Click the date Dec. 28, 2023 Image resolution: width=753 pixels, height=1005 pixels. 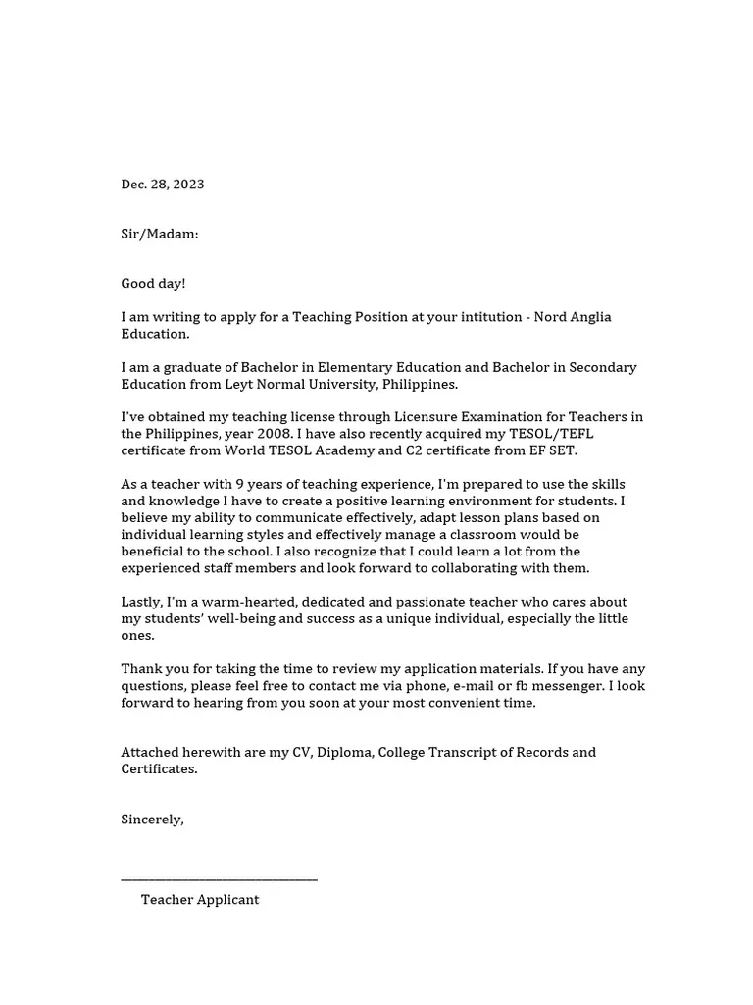click(x=163, y=185)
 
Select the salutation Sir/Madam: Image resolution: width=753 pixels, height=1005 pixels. click(x=160, y=234)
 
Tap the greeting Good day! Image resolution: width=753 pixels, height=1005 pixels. click(x=153, y=284)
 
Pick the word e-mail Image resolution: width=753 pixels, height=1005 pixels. click(x=475, y=686)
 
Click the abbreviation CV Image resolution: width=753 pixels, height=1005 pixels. click(x=302, y=753)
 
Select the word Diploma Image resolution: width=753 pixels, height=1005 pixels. click(x=344, y=753)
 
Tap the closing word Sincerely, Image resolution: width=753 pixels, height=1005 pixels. click(x=152, y=820)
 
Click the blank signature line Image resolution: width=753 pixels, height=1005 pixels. click(x=219, y=879)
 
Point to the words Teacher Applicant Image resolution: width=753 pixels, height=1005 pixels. click(x=200, y=900)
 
